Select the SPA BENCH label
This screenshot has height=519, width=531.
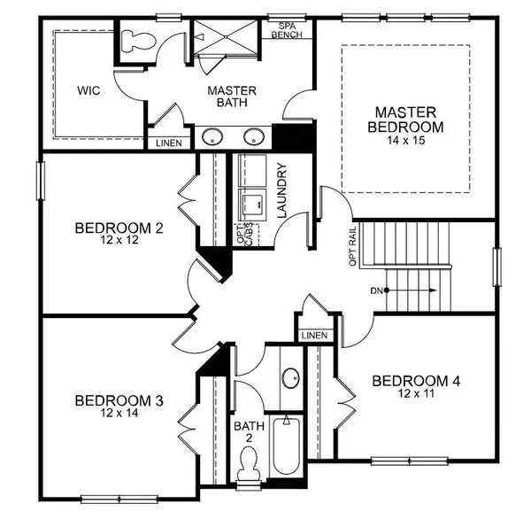[289, 30]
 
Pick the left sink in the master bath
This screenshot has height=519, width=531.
[212, 137]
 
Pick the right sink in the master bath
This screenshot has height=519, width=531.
[255, 137]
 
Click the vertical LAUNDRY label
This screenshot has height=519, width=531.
[283, 190]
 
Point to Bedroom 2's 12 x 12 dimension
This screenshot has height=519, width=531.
[119, 242]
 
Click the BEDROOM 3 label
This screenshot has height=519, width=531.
[119, 400]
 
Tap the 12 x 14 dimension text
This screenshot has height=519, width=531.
[119, 414]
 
